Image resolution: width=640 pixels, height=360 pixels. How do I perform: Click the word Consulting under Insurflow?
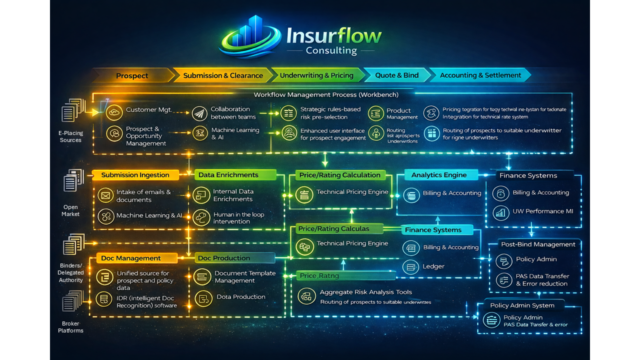click(x=331, y=50)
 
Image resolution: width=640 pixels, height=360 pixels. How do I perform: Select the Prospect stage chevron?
click(x=132, y=75)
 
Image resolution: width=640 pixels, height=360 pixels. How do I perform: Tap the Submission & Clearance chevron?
click(x=223, y=75)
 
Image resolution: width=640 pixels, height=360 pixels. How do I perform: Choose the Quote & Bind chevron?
click(x=397, y=75)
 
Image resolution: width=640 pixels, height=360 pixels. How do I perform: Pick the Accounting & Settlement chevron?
click(x=480, y=75)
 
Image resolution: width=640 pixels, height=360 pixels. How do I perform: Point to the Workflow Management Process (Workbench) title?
click(x=326, y=94)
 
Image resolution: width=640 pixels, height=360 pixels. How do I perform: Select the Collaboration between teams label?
click(x=230, y=113)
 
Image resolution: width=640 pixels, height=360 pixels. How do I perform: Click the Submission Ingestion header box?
click(x=135, y=175)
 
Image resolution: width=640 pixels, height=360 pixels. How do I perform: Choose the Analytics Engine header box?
click(x=439, y=175)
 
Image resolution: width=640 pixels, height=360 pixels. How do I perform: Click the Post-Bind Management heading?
click(x=538, y=244)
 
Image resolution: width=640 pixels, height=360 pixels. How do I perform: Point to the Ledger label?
click(x=433, y=266)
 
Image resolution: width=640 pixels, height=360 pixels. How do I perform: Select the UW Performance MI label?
click(x=542, y=211)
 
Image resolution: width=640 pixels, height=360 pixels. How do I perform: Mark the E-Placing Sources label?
click(x=70, y=136)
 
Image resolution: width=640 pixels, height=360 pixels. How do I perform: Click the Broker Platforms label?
click(x=70, y=327)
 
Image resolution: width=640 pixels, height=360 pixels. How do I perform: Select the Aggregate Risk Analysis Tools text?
click(x=365, y=292)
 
